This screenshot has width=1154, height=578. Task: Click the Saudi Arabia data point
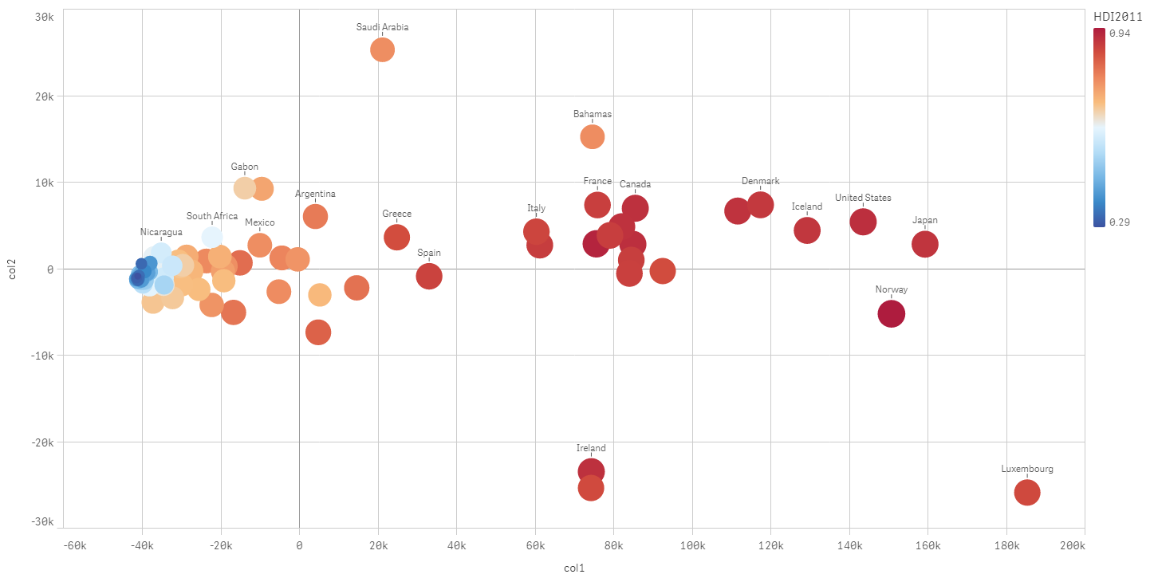coord(383,49)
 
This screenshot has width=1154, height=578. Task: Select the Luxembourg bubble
coord(1027,493)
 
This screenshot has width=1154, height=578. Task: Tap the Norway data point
coord(891,314)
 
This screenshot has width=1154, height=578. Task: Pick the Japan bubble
coord(924,244)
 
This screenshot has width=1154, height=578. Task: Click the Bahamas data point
coord(593,137)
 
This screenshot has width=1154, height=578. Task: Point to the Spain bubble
coord(429,277)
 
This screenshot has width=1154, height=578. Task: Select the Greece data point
coord(397,237)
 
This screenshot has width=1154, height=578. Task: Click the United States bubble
coord(863,222)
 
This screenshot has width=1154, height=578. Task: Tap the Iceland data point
coord(807,230)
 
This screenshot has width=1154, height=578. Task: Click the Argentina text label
coord(315,194)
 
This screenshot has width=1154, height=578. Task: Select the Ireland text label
coord(591,448)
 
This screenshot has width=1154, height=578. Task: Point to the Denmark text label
coord(760,181)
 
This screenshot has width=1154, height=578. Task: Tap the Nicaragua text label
coord(161,232)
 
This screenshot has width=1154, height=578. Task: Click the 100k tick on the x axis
coord(692,545)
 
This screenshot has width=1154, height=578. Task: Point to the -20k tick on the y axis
coord(41,442)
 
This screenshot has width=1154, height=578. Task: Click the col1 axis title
coord(573,568)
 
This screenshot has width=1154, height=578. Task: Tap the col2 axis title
coord(12,269)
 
